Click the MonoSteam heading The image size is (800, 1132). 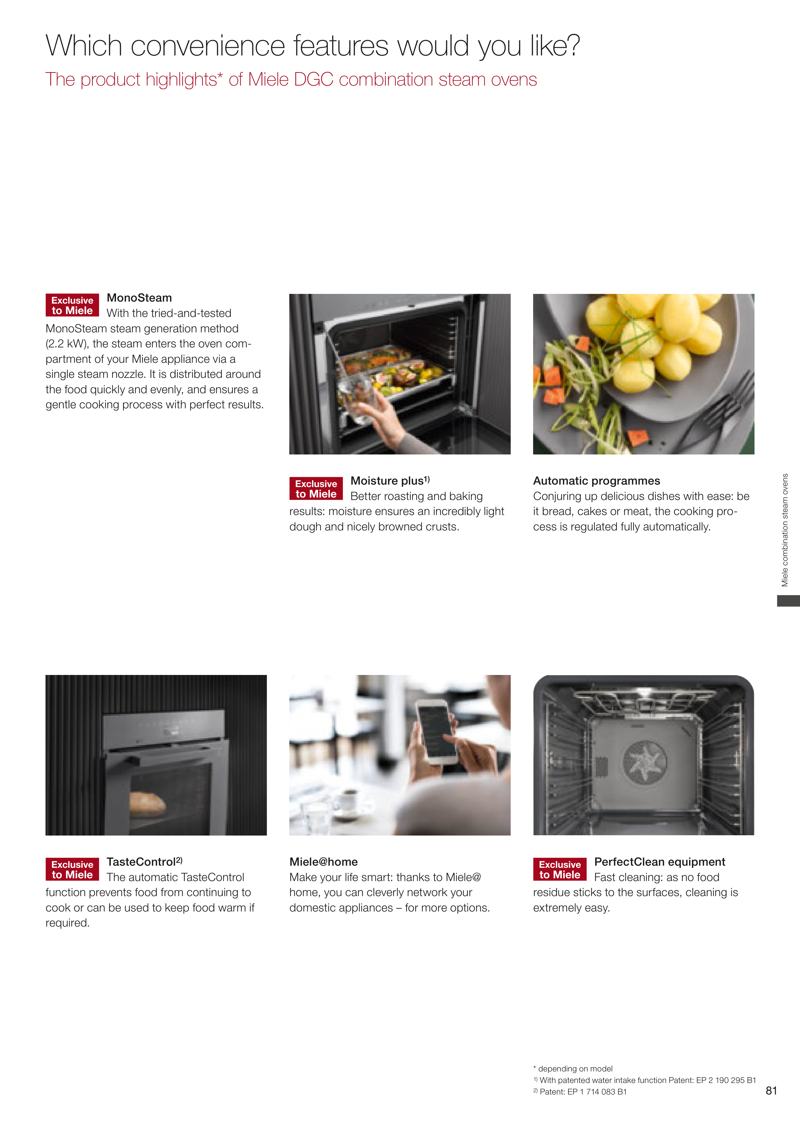coord(139,298)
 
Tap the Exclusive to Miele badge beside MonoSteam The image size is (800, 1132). coord(72,305)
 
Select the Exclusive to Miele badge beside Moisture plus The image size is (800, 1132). coord(316,488)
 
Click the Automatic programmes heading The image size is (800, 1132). coord(597,481)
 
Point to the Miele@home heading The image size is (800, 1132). coord(323,862)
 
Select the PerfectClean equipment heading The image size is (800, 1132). coord(660,862)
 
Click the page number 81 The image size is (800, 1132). coord(771,1091)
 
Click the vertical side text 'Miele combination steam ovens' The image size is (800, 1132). coord(785,530)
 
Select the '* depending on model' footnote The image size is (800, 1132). coord(573,1069)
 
